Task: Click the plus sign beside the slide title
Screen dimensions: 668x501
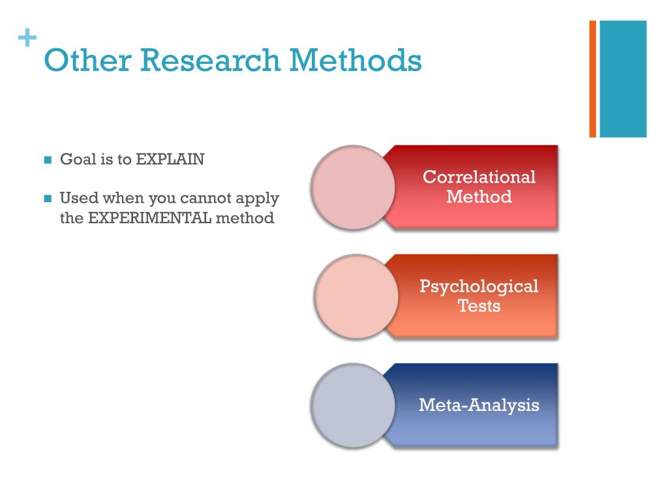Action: pos(26,39)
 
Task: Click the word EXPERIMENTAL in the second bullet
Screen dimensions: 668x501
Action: pos(149,218)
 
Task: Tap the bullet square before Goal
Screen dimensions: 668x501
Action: pos(47,160)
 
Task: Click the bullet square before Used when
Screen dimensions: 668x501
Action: pos(47,198)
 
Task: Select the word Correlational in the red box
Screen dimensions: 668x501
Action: pos(479,177)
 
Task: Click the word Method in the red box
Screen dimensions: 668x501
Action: pos(479,196)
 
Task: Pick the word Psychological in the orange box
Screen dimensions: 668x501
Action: pos(479,286)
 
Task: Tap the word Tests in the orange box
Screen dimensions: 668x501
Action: pos(479,306)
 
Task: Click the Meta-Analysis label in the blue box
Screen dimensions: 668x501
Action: pos(479,405)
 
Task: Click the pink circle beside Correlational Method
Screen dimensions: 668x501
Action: pos(353,187)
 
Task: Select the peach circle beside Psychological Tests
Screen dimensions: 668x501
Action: pos(356,296)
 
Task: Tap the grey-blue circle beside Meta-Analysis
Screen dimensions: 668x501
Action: pos(353,405)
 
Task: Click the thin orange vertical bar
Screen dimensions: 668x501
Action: pos(593,78)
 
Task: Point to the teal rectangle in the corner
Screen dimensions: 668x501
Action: pos(623,78)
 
